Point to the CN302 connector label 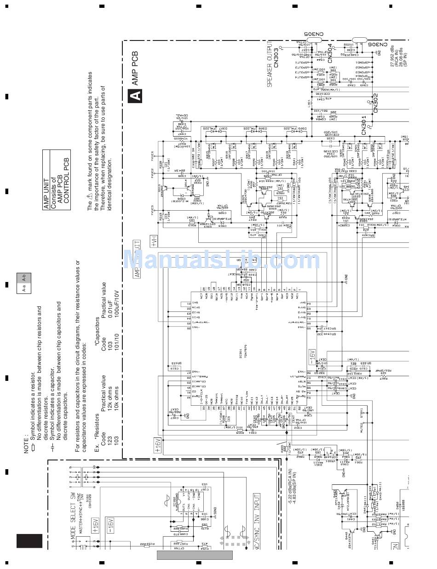point(375,103)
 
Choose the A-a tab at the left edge point(24,289)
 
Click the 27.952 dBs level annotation point(392,56)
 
